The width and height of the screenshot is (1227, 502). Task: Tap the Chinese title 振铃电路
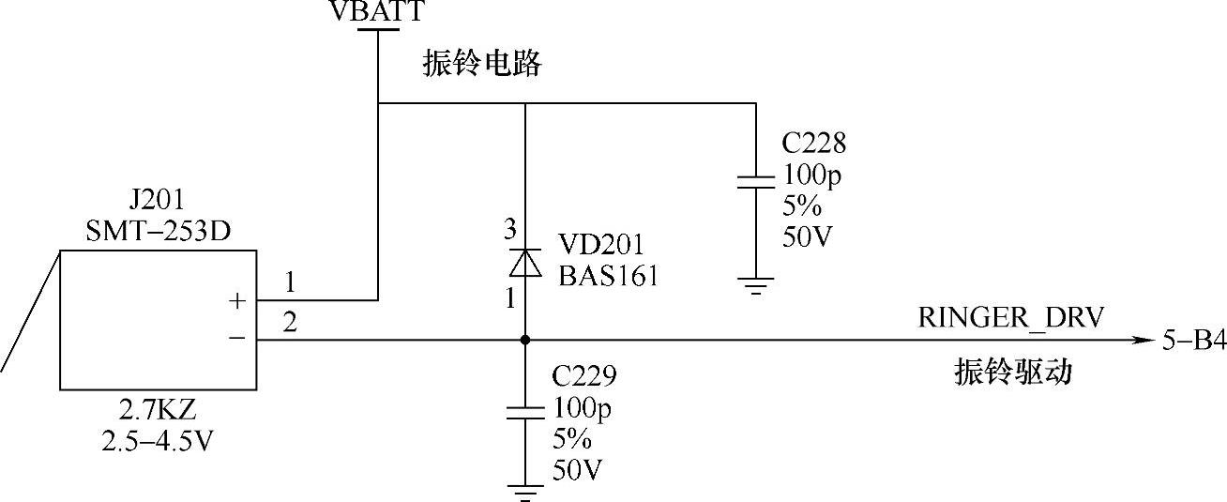482,65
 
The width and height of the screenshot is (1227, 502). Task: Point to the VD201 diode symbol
524,263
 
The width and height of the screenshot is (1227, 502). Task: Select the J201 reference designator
156,201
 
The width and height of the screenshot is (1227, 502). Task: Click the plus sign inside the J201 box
237,301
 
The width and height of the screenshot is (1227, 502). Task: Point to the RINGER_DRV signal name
1010,318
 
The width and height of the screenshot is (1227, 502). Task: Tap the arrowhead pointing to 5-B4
1143,340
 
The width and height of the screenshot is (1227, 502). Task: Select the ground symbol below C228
755,283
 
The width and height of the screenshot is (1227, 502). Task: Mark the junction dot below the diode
524,340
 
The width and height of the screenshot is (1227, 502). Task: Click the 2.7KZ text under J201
157,410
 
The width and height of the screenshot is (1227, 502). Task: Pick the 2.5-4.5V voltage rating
157,440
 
